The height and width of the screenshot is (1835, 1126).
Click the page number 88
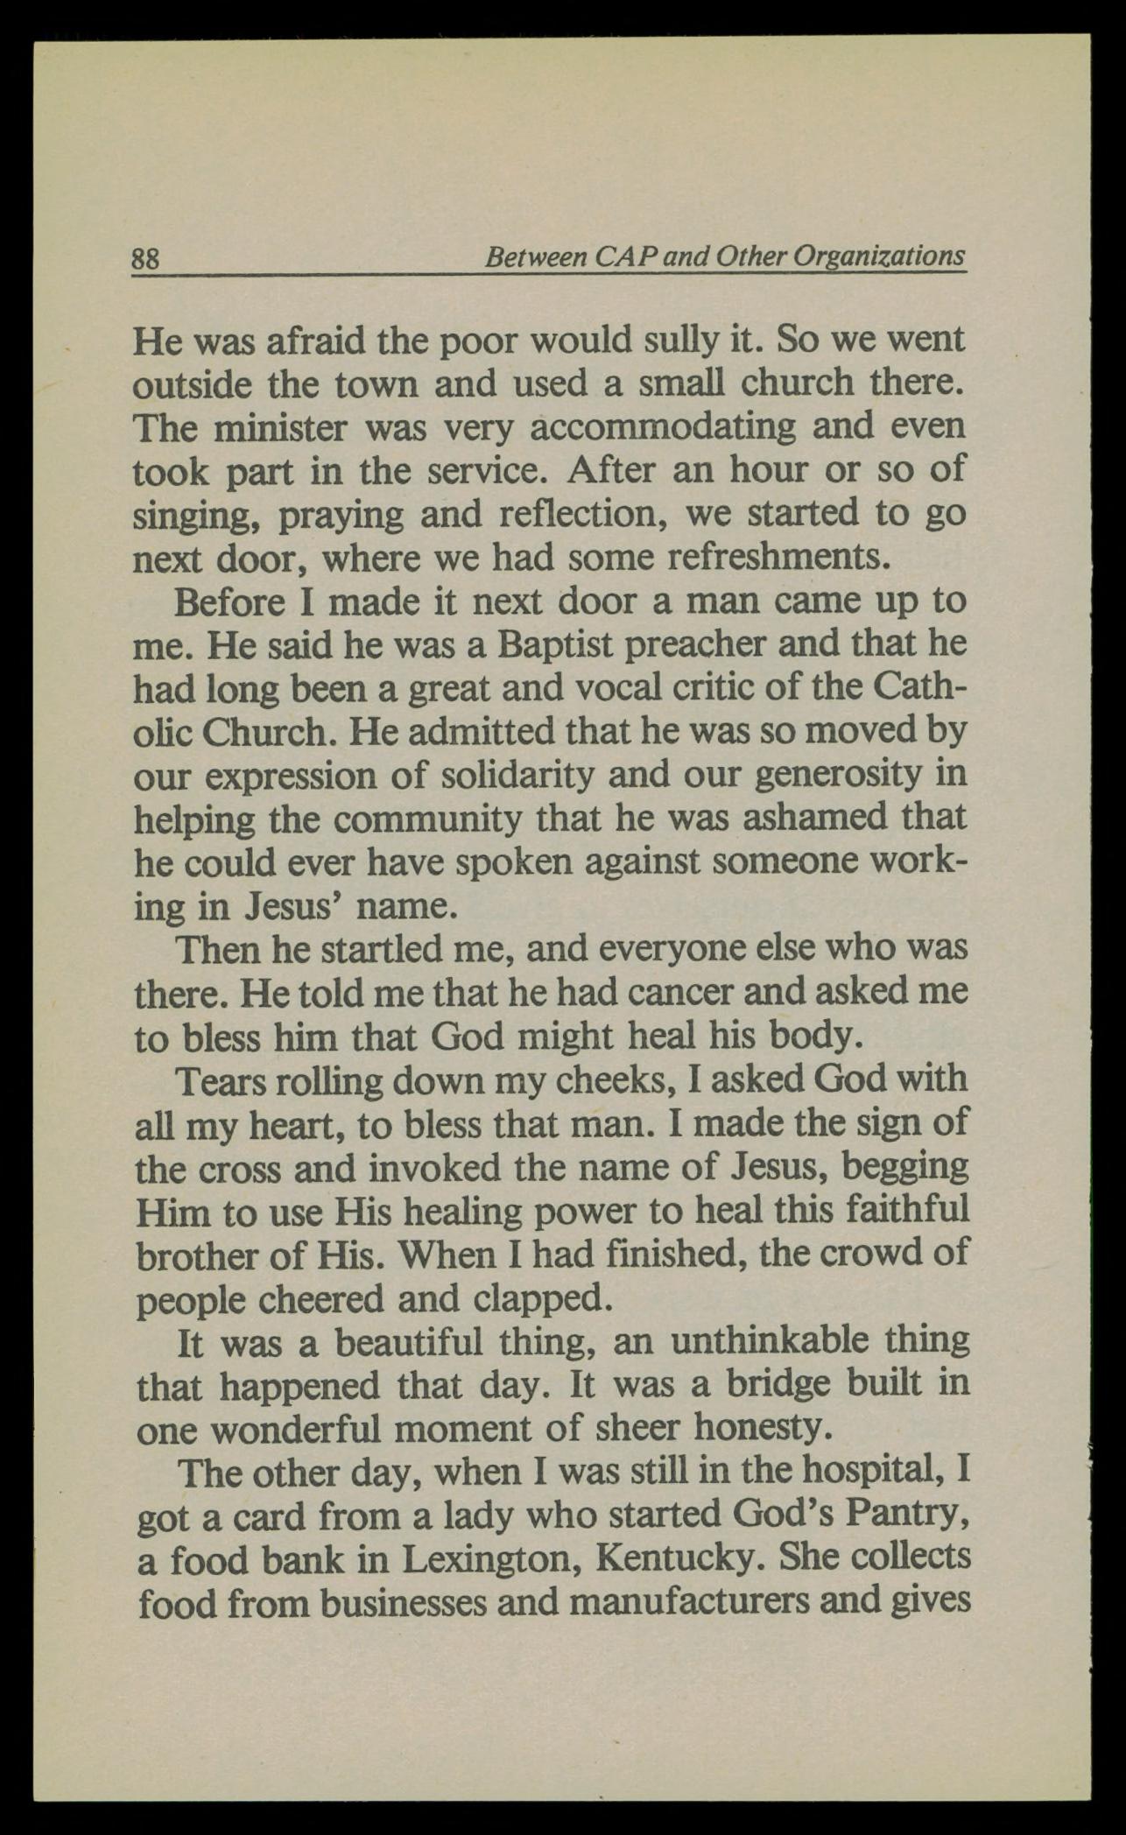(x=145, y=260)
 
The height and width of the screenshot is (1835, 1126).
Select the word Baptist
(x=555, y=644)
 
